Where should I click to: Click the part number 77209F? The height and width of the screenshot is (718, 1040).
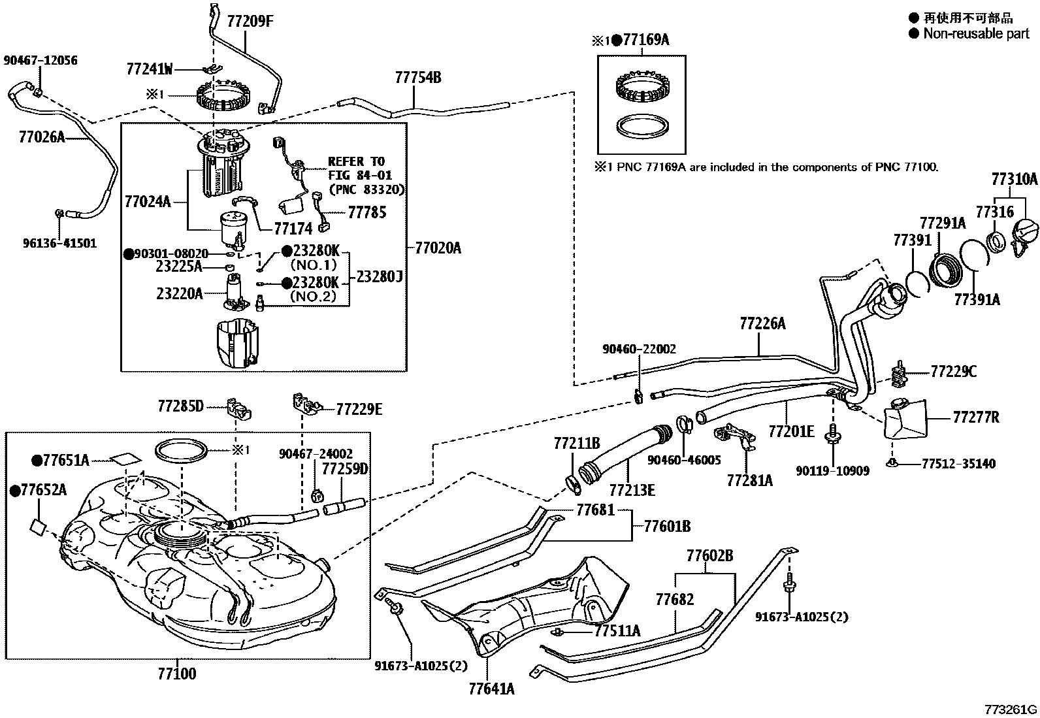click(250, 21)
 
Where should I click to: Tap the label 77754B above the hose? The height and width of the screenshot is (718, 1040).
click(418, 78)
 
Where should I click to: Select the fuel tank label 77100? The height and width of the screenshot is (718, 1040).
click(176, 674)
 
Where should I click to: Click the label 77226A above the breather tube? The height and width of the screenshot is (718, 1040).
click(762, 323)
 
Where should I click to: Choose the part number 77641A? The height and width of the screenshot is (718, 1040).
click(491, 689)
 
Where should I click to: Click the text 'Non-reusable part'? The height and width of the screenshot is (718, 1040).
click(976, 33)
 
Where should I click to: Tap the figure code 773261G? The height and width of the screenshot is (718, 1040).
click(1012, 710)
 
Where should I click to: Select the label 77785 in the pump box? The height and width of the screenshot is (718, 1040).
click(366, 212)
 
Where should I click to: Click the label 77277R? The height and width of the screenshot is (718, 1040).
click(975, 417)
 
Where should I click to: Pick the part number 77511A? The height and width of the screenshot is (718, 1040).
click(617, 630)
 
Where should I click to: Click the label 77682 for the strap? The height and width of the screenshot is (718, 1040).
click(675, 599)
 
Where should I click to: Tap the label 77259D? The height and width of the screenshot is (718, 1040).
click(345, 468)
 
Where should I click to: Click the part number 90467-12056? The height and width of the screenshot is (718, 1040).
click(41, 60)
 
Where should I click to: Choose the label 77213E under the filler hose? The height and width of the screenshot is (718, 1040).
click(632, 489)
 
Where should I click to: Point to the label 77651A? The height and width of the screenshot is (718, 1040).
click(66, 460)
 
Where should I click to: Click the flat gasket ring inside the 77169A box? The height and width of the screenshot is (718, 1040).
click(643, 127)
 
